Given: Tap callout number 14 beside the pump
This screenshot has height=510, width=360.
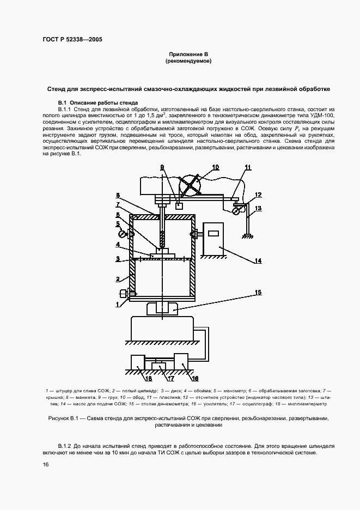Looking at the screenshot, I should point(258,261).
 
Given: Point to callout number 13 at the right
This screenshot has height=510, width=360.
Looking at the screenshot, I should point(258,208).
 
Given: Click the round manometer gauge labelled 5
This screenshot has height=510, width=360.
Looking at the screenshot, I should point(124,235).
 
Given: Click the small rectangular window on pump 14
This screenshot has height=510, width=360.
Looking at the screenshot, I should point(213,233).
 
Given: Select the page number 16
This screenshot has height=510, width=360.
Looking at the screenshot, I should point(46,464).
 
